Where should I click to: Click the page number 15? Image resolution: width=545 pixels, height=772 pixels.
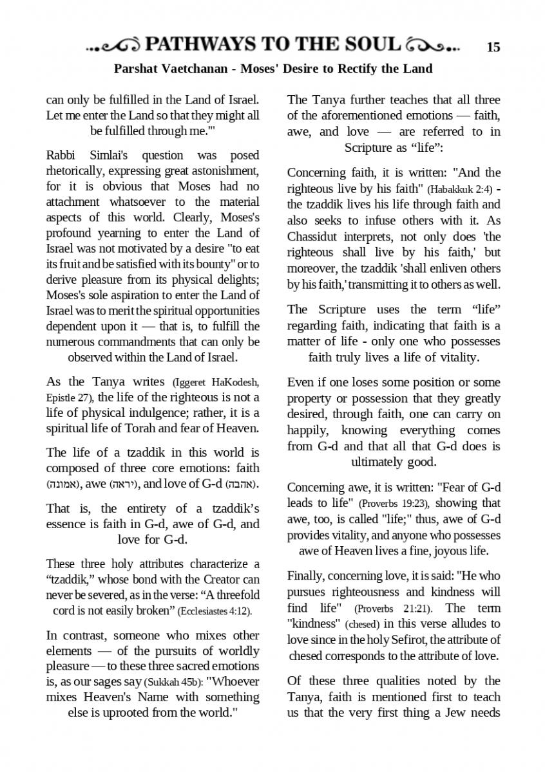click(x=493, y=46)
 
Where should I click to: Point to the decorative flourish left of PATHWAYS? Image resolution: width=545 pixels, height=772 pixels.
click(x=114, y=46)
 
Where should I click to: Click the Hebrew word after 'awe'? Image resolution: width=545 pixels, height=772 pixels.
click(x=123, y=484)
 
